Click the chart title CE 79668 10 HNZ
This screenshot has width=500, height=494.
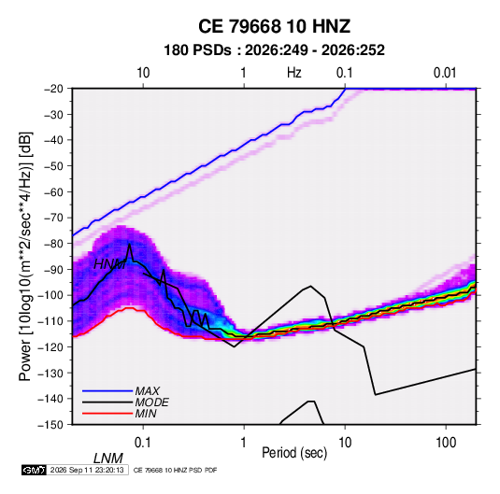click(x=274, y=26)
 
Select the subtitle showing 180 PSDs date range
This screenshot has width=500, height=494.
click(x=274, y=50)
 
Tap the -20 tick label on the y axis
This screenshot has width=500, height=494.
click(x=53, y=89)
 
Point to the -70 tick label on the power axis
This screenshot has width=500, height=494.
click(x=53, y=218)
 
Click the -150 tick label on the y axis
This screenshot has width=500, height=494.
click(x=50, y=425)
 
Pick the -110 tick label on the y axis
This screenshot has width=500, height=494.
click(x=50, y=321)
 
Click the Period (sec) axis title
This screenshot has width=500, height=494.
click(x=294, y=453)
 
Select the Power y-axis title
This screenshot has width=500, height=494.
click(x=25, y=257)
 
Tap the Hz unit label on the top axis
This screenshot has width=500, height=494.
click(x=294, y=73)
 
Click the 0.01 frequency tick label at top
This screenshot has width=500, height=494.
click(x=445, y=73)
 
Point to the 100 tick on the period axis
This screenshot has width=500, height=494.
click(x=446, y=443)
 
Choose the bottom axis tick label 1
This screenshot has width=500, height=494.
click(x=244, y=443)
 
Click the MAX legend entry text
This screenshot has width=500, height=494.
click(x=148, y=391)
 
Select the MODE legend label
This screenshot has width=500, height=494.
click(x=151, y=402)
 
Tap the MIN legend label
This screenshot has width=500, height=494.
click(x=146, y=414)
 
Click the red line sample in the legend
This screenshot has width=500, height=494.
click(x=107, y=414)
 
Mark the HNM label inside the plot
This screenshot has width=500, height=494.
click(x=110, y=264)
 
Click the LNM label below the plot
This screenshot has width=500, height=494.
click(x=108, y=459)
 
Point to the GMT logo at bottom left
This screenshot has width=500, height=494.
click(x=35, y=470)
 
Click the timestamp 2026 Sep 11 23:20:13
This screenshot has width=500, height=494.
click(x=87, y=470)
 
